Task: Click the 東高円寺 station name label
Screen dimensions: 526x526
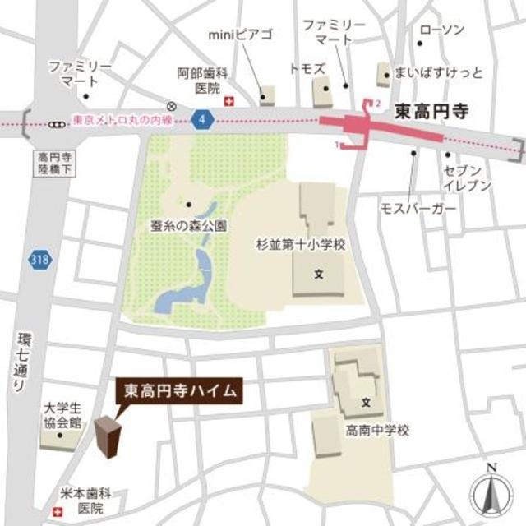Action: tap(431, 110)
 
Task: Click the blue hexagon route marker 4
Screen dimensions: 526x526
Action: tap(203, 120)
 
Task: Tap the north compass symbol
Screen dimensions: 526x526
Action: tap(491, 491)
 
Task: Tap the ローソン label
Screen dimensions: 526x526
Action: tap(441, 30)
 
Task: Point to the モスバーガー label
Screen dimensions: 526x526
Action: tap(418, 210)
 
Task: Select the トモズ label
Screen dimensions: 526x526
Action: tap(308, 67)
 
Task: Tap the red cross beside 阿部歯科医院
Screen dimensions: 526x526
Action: tap(229, 101)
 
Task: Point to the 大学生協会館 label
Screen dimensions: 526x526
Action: tap(62, 415)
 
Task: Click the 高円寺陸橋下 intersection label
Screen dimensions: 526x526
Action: tap(52, 162)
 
